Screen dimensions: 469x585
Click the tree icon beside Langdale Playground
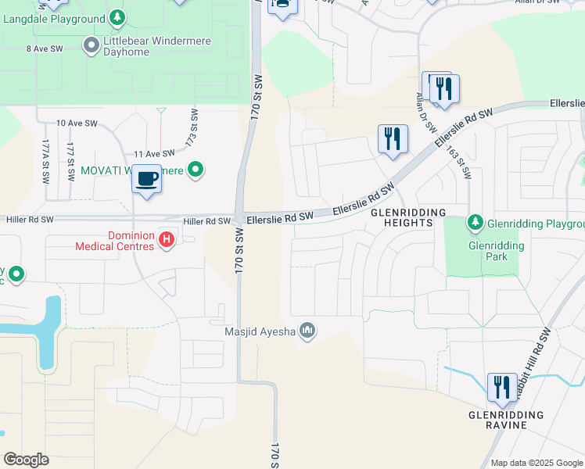pyautogui.click(x=117, y=17)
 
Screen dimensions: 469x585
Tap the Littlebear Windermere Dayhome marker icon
pyautogui.click(x=91, y=46)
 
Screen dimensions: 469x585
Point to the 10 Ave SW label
pyautogui.click(x=76, y=124)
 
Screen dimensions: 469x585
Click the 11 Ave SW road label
pyautogui.click(x=153, y=154)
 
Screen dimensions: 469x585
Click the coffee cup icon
pyautogui.click(x=147, y=180)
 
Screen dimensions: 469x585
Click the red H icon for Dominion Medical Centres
pyautogui.click(x=166, y=240)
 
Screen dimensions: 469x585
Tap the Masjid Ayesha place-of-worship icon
pyautogui.click(x=308, y=332)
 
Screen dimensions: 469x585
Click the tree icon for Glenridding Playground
pyautogui.click(x=475, y=224)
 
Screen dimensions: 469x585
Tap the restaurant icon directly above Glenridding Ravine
pyautogui.click(x=501, y=387)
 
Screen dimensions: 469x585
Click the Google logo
pyautogui.click(x=26, y=460)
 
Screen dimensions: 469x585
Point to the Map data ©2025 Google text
pyautogui.click(x=537, y=463)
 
